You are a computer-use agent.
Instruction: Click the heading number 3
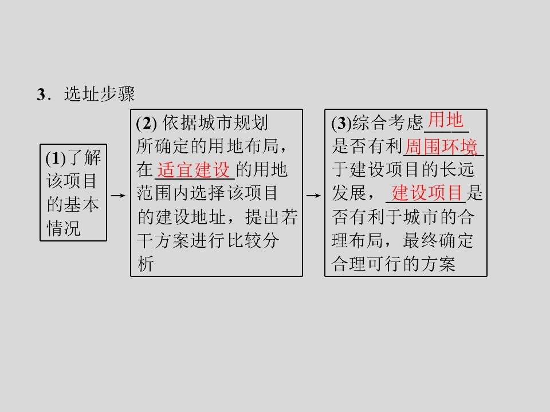coord(41,94)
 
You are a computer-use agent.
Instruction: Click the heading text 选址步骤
coord(100,94)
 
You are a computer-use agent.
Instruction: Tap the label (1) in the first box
coord(56,159)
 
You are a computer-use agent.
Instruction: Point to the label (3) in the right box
coord(341,124)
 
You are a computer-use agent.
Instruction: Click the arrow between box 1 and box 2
coord(118,196)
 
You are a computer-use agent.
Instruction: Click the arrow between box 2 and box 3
coord(313,196)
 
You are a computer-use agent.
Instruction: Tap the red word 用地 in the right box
coord(446,120)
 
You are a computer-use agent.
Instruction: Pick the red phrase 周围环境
coord(442,147)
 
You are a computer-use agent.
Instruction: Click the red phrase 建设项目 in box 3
coord(427,193)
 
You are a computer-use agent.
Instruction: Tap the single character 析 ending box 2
coord(146,264)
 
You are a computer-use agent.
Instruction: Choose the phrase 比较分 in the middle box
coord(253,240)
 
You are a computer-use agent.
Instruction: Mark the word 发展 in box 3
coord(349,193)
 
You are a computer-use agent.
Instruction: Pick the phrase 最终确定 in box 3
coord(438,240)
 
